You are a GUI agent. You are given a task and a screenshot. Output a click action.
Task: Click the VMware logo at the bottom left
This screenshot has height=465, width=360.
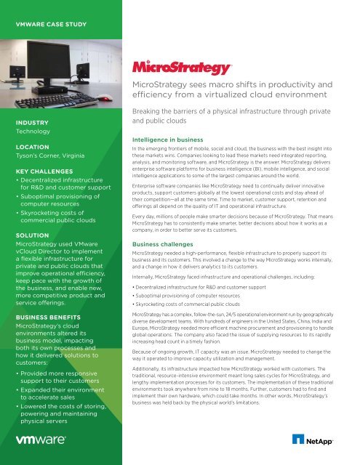coord(43,440)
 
